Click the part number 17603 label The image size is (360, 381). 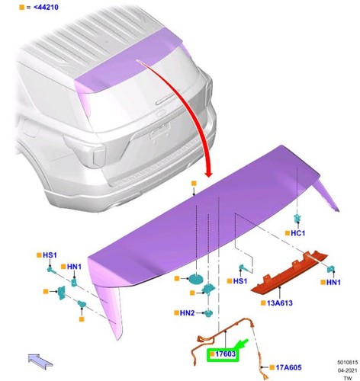tap(225, 354)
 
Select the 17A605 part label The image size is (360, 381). tap(288, 367)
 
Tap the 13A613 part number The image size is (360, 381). tap(280, 303)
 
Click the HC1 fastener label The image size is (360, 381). tap(297, 233)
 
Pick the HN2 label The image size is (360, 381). tap(187, 313)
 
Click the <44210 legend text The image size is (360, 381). tap(46, 8)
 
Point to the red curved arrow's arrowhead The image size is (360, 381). tap(209, 174)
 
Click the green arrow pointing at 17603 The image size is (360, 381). tap(242, 344)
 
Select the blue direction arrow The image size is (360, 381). tap(40, 362)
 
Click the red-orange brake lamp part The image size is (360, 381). tap(289, 273)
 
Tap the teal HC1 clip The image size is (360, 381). tap(297, 218)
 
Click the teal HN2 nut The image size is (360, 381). tap(208, 313)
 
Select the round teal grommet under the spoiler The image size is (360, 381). tap(196, 279)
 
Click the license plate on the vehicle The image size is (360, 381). tap(160, 131)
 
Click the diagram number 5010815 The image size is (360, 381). tap(348, 362)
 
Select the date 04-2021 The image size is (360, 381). tap(348, 370)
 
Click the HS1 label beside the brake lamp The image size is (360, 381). tap(240, 281)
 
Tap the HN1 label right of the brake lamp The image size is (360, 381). tap(333, 282)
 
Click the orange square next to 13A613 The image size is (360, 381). tap(263, 303)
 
